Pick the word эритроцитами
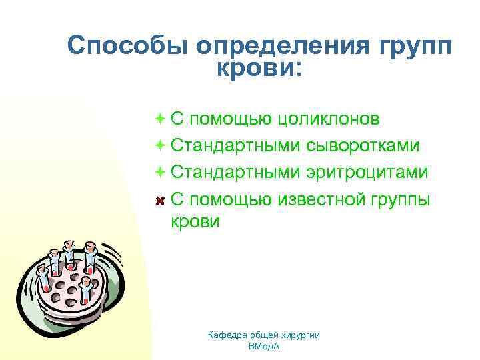click(x=367, y=172)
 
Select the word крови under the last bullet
click(x=195, y=222)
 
